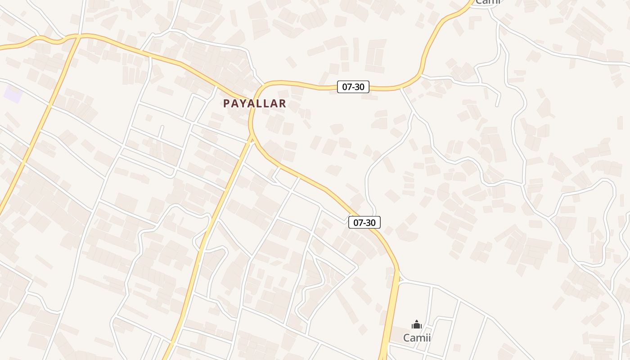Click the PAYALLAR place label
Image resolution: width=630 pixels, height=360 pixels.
pos(255,103)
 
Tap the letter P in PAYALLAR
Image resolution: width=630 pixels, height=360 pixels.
pos(226,103)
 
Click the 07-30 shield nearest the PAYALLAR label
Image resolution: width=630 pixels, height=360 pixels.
pos(353,87)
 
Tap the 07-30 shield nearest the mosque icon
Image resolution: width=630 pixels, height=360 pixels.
pos(364,222)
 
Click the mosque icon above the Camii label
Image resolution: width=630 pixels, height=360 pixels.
pos(416,324)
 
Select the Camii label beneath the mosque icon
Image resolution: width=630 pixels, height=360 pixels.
pos(417,337)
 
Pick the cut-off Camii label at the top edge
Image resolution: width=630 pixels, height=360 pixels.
pos(487,2)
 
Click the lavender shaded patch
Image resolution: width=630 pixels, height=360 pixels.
pos(13,94)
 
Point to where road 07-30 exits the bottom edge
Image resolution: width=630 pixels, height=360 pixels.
pos(383,358)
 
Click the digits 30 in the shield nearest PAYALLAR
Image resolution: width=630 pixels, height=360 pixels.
pos(359,87)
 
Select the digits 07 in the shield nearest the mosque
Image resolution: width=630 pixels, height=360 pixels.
pos(358,222)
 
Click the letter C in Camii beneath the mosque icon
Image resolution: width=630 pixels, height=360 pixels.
pos(406,337)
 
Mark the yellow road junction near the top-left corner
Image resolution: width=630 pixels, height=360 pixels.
pos(79,36)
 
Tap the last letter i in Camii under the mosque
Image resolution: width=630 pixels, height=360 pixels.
pos(429,337)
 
